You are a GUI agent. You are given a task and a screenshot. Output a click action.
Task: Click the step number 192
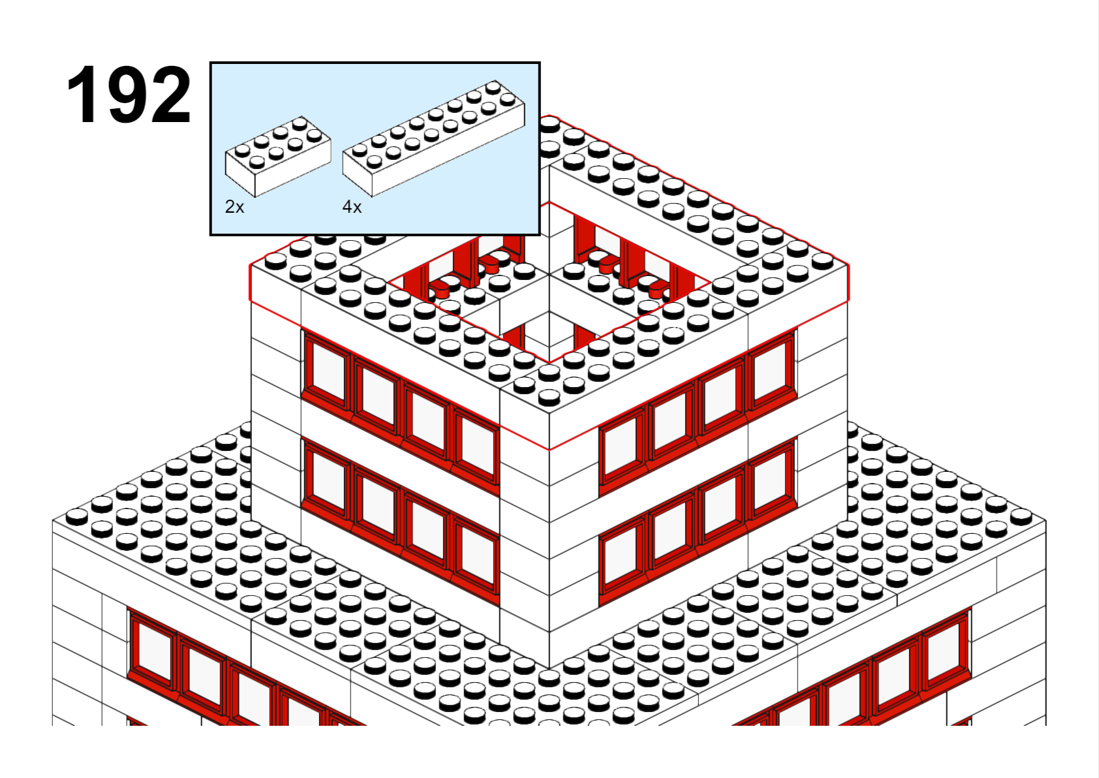[129, 94]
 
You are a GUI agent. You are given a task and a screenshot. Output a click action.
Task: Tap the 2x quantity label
[234, 206]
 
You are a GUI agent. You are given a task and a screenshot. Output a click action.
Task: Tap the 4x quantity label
[352, 206]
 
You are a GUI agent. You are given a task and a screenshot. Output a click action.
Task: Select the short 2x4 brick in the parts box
[278, 156]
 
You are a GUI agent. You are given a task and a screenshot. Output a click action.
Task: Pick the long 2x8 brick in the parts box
[434, 139]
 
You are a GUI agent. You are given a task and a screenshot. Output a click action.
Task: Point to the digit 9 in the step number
[129, 94]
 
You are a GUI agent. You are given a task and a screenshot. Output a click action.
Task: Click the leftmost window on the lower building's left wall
[153, 651]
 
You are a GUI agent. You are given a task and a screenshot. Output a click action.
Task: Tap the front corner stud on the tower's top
[549, 396]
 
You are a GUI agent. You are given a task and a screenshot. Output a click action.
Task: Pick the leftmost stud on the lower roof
[77, 516]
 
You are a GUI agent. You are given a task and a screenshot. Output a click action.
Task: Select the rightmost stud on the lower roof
[1021, 516]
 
